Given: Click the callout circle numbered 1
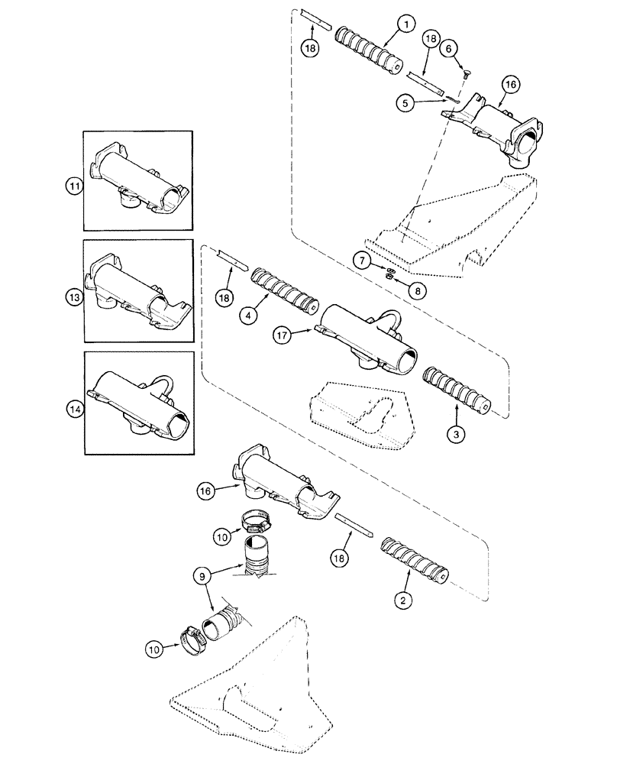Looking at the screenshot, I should point(406,26).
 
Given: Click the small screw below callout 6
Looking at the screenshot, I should point(465,73).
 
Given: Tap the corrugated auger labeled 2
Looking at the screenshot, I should point(413,561).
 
